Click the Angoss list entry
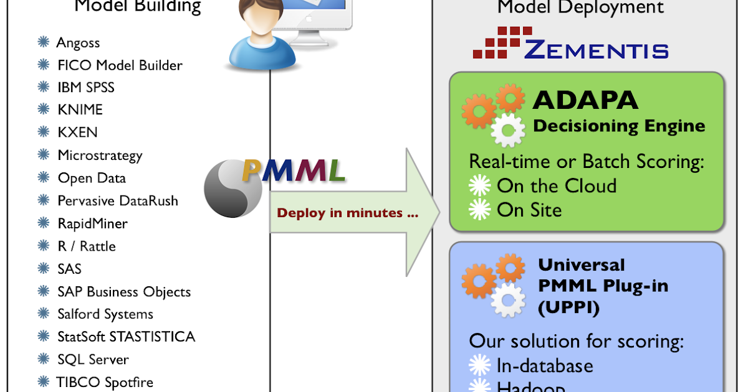click(x=78, y=43)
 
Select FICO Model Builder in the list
click(x=120, y=65)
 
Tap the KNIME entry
click(x=80, y=110)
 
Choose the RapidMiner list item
click(x=92, y=223)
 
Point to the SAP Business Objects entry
click(x=124, y=292)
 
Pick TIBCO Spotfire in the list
click(x=105, y=382)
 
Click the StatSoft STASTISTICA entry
click(x=126, y=337)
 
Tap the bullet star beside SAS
click(x=44, y=269)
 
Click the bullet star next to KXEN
click(x=44, y=133)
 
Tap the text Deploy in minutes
click(x=348, y=213)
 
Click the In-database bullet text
click(x=545, y=365)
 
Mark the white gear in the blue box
click(x=508, y=301)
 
